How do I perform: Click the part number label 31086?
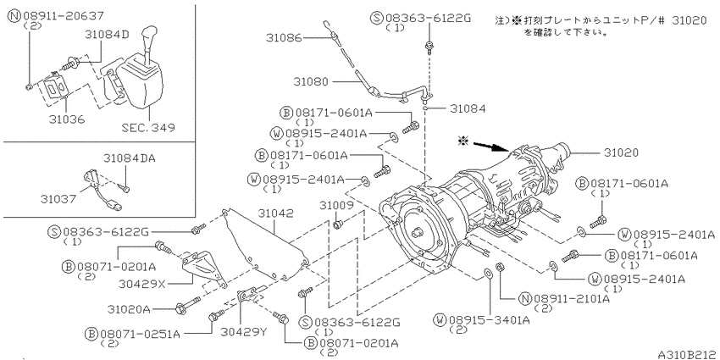coord(284,40)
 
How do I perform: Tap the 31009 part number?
coord(335,206)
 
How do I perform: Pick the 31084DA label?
coord(129,158)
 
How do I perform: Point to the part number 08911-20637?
coord(64,14)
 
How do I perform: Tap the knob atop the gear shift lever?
coord(152,38)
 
